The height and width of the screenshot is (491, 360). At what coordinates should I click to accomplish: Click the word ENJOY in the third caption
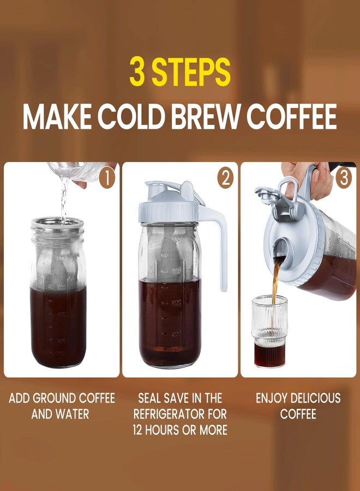tap(272, 398)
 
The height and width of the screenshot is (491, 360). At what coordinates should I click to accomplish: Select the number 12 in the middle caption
tap(141, 430)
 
